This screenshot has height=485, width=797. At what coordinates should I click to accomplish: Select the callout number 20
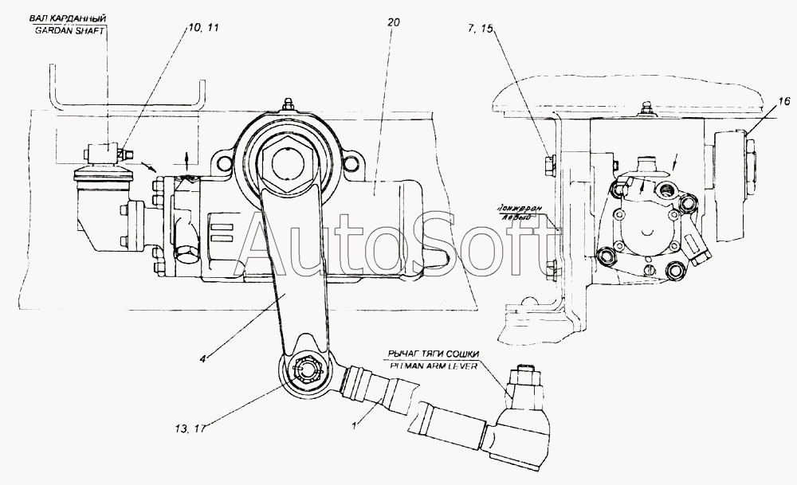click(x=393, y=24)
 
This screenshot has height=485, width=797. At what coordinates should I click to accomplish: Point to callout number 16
click(x=784, y=100)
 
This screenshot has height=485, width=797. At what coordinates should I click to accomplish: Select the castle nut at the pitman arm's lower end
click(x=305, y=370)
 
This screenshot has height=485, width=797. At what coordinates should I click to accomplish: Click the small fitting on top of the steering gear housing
click(x=288, y=105)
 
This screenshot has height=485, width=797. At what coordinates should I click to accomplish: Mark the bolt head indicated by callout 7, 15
click(x=550, y=166)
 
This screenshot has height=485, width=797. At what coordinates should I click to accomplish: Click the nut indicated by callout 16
click(x=750, y=148)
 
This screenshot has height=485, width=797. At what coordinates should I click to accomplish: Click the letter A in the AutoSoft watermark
click(x=267, y=247)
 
